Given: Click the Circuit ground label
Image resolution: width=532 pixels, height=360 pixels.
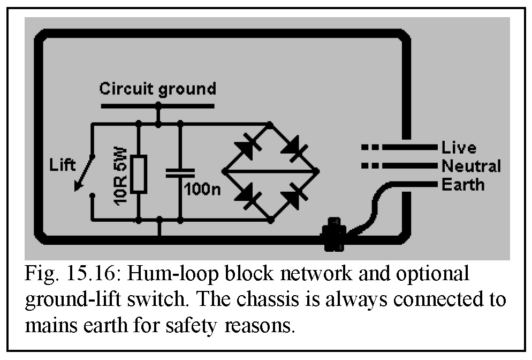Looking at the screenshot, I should pyautogui.click(x=158, y=88).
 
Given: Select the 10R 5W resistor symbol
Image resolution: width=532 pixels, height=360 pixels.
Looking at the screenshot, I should pyautogui.click(x=139, y=174).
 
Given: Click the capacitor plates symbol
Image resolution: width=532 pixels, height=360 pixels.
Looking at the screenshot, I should pyautogui.click(x=180, y=172).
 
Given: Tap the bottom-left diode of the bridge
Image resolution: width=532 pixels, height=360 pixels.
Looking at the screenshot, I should pyautogui.click(x=245, y=196).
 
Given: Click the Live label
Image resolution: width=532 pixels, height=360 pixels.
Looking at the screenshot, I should pyautogui.click(x=459, y=147).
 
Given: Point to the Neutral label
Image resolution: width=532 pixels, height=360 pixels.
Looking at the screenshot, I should pyautogui.click(x=471, y=166).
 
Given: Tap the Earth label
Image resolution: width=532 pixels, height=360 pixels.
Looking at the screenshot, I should pyautogui.click(x=462, y=185).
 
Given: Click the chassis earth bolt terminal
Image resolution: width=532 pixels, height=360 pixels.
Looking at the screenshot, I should pyautogui.click(x=333, y=235).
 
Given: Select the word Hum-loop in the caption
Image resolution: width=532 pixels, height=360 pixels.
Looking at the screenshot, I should pyautogui.click(x=176, y=274).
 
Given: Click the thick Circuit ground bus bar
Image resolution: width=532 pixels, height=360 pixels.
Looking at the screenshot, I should pyautogui.click(x=157, y=106).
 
